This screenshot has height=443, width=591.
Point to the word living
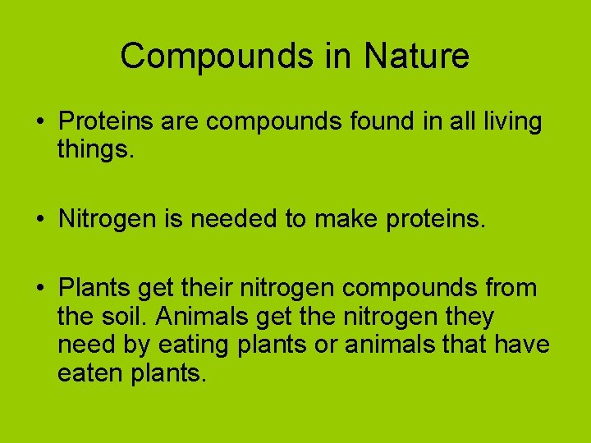(x=508, y=122)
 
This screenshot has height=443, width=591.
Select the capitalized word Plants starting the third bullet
(x=94, y=288)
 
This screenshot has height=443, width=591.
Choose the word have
(x=522, y=345)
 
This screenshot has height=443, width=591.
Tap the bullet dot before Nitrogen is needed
(x=39, y=219)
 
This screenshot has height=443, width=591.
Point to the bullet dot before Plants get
(x=39, y=289)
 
